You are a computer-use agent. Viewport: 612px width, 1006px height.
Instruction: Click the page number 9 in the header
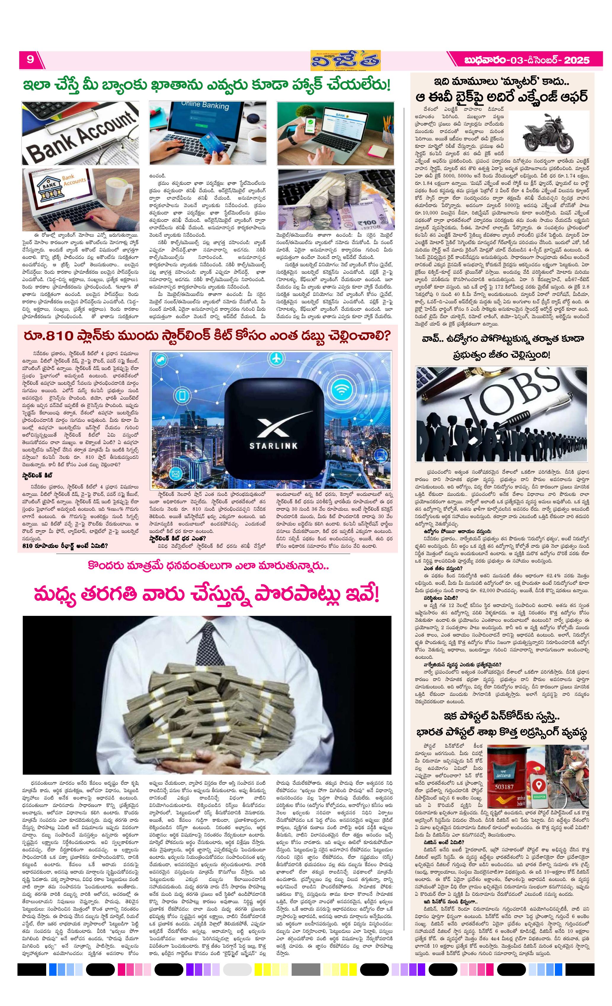30,60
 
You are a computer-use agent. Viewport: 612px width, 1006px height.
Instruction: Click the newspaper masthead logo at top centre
345,60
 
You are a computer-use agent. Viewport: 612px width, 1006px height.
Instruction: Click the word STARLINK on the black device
273,446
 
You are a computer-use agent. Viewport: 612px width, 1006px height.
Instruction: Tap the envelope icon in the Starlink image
176,474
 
